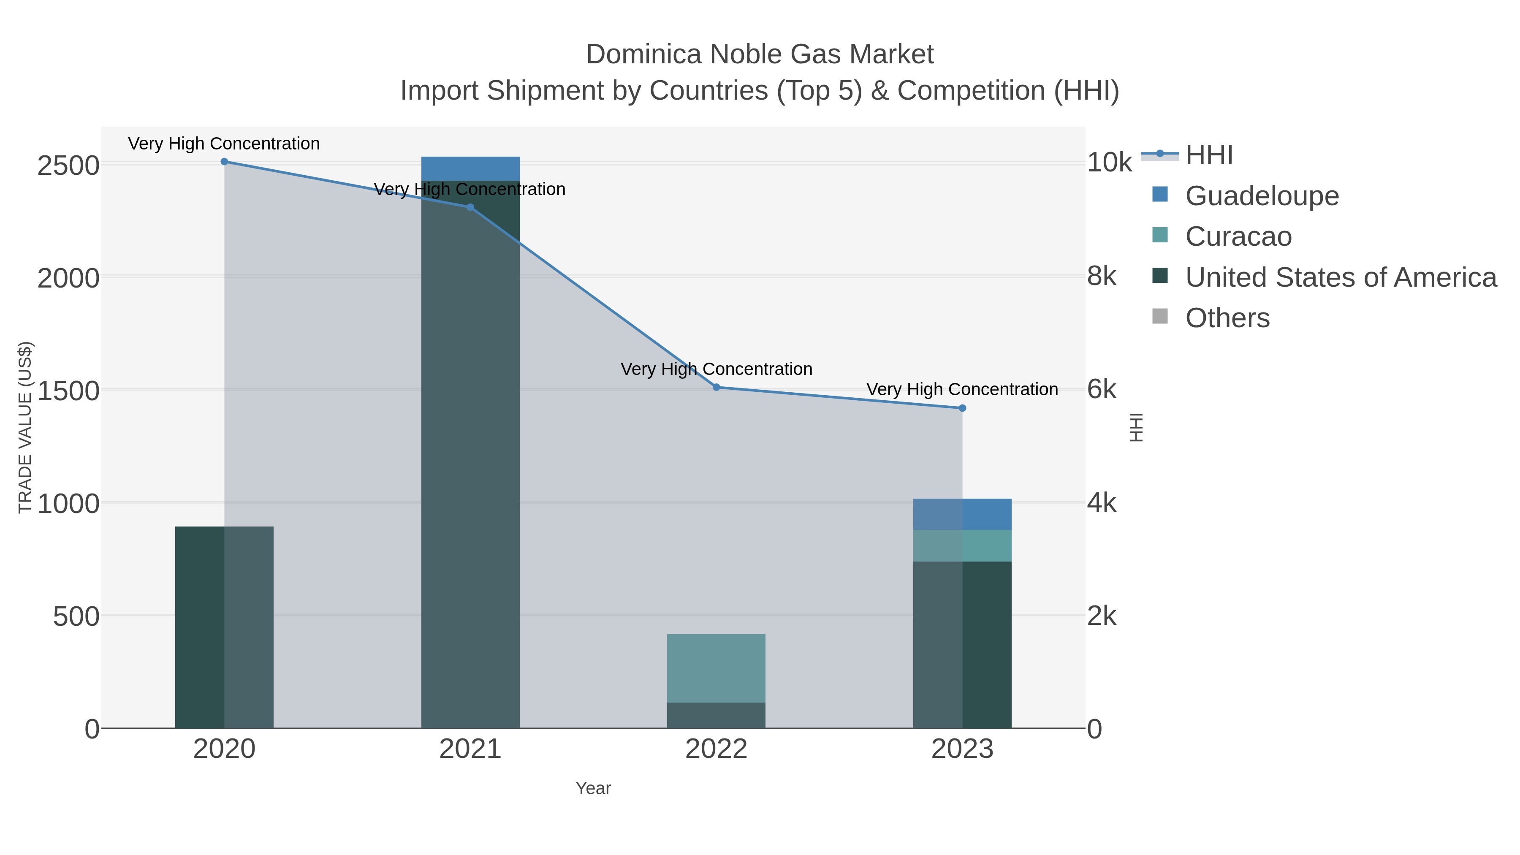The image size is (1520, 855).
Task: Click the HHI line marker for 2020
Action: (x=224, y=162)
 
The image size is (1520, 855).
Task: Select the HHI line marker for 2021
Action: (x=470, y=207)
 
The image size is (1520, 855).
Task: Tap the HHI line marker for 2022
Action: (x=717, y=387)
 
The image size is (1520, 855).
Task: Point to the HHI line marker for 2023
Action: (x=962, y=408)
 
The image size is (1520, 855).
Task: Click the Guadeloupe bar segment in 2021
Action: (x=470, y=169)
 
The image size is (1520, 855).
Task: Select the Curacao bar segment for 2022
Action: (x=717, y=668)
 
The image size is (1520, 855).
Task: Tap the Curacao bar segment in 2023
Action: (x=962, y=546)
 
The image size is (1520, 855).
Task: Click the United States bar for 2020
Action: (x=224, y=627)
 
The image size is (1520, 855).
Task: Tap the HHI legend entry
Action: (x=1208, y=155)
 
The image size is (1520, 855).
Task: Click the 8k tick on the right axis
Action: (x=1102, y=276)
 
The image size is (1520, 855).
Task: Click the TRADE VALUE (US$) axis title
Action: (x=25, y=427)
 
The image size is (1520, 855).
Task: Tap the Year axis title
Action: (x=593, y=788)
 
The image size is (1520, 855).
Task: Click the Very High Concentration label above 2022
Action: (x=717, y=369)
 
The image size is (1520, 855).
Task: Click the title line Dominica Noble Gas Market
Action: (x=760, y=54)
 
